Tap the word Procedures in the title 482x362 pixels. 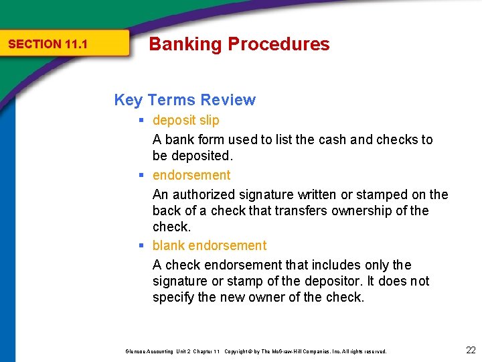click(x=278, y=44)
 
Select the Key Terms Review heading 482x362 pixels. click(x=185, y=100)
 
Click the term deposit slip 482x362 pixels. click(x=185, y=121)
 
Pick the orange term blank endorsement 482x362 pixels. click(x=209, y=246)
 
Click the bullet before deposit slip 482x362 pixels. click(x=143, y=121)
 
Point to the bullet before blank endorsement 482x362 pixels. click(x=143, y=246)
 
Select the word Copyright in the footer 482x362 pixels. click(x=238, y=351)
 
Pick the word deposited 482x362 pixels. click(x=203, y=156)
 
